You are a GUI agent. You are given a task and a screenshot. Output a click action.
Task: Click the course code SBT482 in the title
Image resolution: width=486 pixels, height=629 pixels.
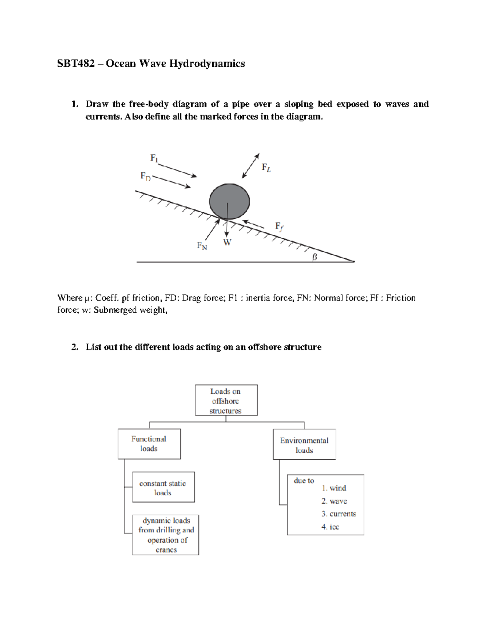point(76,64)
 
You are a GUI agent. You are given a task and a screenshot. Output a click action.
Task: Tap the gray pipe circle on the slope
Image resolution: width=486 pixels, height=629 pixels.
point(229,201)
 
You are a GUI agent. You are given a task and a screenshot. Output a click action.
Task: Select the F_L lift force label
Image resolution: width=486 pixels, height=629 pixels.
point(266,168)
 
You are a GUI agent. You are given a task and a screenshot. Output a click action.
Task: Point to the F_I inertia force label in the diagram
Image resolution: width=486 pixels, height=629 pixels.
point(154,158)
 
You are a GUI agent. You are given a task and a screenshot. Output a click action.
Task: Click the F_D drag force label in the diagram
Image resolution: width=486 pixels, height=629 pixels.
point(145,176)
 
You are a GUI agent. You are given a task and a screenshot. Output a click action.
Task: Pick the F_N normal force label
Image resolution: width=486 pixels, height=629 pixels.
point(202,245)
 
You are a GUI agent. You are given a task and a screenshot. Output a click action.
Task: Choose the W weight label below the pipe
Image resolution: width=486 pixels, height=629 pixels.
point(227,243)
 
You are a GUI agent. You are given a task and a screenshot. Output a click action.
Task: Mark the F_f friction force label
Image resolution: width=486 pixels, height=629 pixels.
point(279,226)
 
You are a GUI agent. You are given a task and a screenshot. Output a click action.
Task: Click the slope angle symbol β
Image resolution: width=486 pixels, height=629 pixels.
point(314,257)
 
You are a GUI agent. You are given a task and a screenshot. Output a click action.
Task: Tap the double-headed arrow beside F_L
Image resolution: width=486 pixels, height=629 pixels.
point(250,166)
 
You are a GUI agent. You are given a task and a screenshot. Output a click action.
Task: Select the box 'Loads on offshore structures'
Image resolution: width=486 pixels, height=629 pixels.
point(226,401)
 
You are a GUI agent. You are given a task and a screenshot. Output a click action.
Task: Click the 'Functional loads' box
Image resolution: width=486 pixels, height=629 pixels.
point(149,444)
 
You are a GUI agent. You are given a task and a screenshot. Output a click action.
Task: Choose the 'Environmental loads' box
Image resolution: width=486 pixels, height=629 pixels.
point(304,445)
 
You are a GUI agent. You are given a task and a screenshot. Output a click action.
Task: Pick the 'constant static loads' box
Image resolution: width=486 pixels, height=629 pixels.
point(163,487)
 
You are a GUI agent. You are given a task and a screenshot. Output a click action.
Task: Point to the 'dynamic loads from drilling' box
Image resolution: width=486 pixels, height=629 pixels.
point(166,535)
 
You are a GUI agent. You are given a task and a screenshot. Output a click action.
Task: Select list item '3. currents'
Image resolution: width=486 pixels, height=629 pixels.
point(339,514)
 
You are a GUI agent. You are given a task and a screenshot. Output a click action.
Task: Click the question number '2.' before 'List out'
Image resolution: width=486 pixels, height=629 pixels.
point(75,347)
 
